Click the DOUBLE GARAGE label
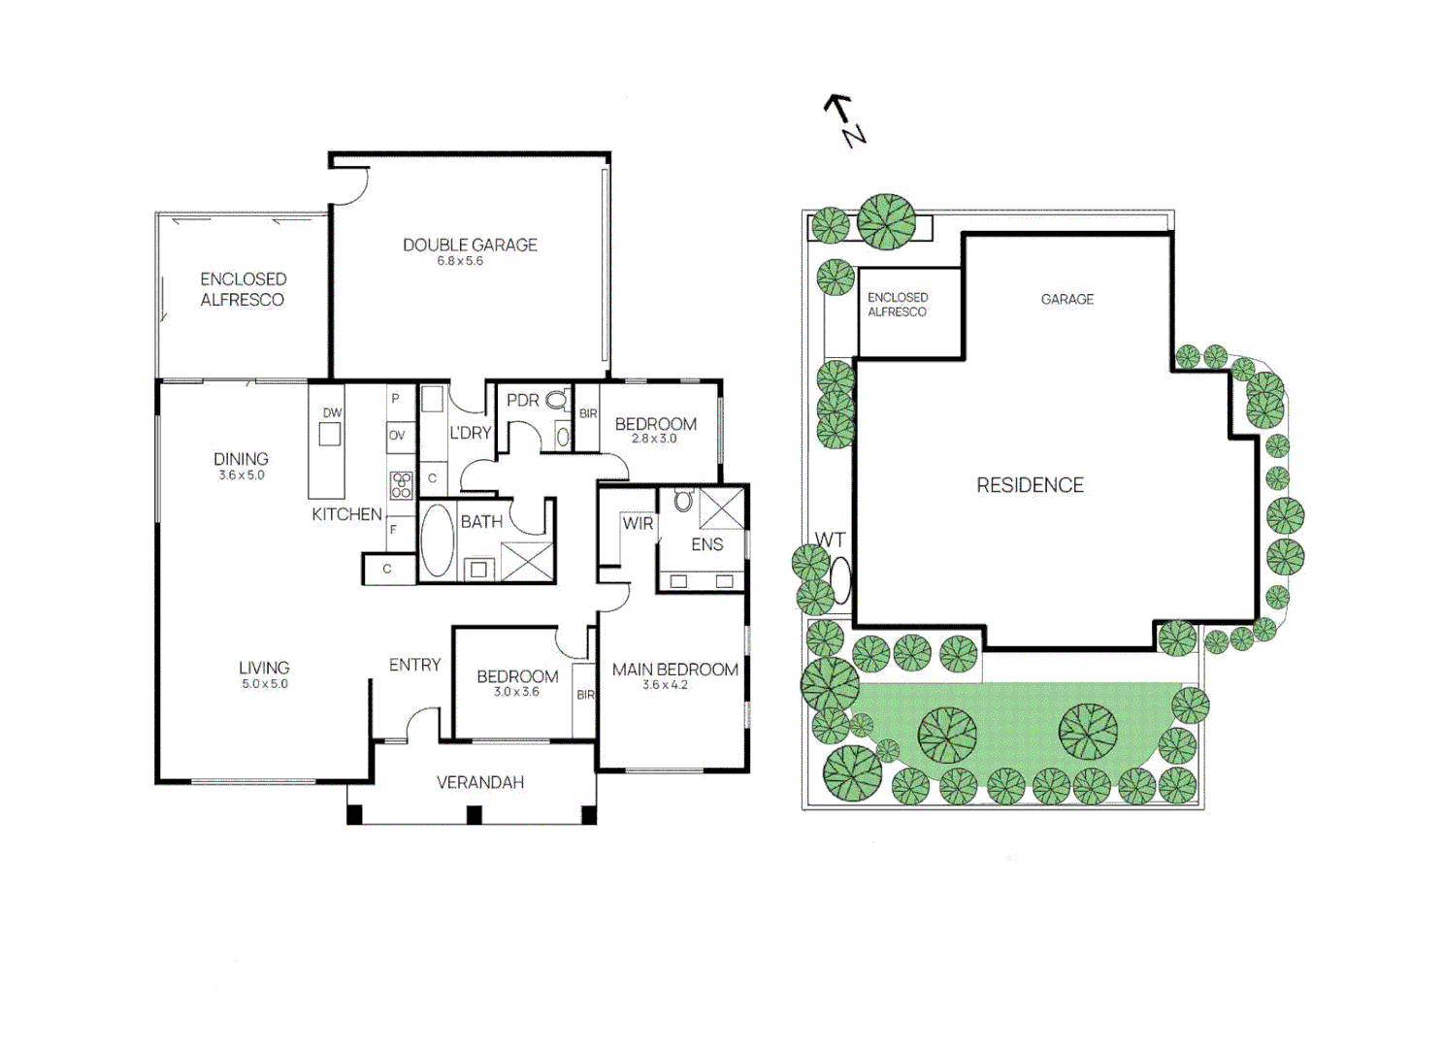coord(470,245)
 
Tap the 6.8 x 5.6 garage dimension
coord(460,261)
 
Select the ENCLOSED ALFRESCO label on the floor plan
coord(243,289)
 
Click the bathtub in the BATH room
coord(438,540)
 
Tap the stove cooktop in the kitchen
coord(401,485)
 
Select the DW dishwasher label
coord(332,412)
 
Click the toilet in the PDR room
coord(557,400)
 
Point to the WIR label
coord(638,523)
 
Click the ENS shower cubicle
coord(722,508)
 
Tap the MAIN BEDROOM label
coord(674,670)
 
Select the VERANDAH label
coord(479,782)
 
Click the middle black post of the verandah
coord(475,815)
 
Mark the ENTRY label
coord(414,665)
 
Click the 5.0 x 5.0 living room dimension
coord(265,684)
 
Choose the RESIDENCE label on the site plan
coord(1030,485)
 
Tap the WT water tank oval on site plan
coord(840,580)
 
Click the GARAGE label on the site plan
coord(1066,299)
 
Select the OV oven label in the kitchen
coord(397,436)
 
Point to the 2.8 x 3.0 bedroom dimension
coord(654,439)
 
